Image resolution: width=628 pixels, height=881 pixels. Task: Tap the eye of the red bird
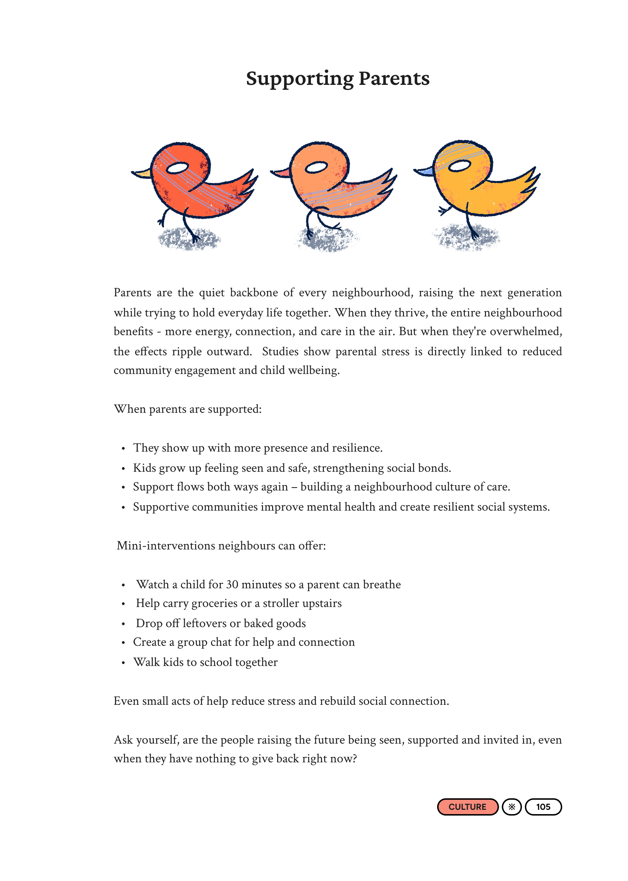pos(177,168)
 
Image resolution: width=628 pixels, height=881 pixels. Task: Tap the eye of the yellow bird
pos(459,165)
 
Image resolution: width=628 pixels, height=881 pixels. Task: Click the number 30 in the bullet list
pos(232,584)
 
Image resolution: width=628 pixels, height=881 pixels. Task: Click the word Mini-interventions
pos(166,546)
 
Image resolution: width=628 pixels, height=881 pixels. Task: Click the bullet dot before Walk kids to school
pos(123,663)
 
